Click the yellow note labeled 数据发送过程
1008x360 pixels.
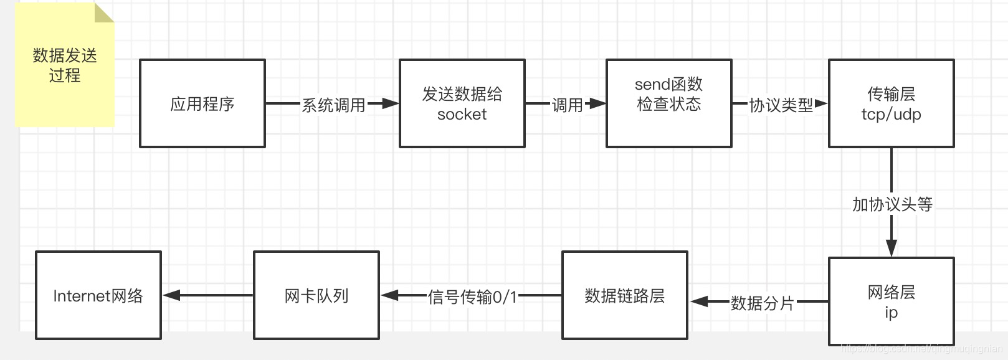(65, 65)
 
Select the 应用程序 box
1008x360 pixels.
(202, 103)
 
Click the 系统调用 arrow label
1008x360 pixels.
(333, 105)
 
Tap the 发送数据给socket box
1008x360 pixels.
(462, 103)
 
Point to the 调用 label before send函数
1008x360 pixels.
(567, 105)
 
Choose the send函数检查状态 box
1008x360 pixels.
(668, 103)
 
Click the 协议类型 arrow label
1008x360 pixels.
(781, 105)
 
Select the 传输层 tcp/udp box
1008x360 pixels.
(891, 103)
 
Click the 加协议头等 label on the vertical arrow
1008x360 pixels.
(892, 204)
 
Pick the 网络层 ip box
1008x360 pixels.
(891, 301)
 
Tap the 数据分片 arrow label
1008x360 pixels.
(762, 303)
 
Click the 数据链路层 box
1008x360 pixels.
(624, 295)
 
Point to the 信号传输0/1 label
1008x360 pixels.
(472, 297)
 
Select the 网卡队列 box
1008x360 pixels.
(316, 295)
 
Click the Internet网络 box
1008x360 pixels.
(98, 295)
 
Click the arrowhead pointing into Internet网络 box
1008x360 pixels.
(171, 295)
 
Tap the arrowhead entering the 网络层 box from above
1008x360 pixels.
(892, 247)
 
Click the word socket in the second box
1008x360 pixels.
(462, 115)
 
